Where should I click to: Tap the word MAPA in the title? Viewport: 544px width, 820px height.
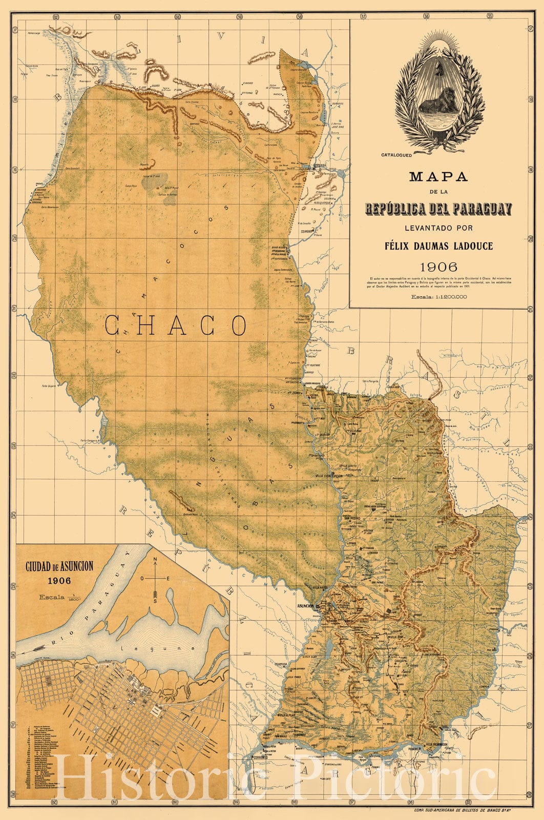coord(438,177)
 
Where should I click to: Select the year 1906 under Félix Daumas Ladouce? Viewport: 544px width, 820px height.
coord(438,267)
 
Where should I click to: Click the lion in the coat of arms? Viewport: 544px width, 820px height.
coord(440,99)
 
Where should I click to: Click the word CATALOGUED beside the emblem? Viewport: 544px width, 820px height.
coord(396,154)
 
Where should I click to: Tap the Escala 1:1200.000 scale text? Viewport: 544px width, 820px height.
coord(438,296)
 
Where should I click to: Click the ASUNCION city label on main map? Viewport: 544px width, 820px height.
coord(305,606)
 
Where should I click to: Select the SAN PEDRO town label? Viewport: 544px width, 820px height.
coord(353,518)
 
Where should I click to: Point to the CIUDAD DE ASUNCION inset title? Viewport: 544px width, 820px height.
coord(59,567)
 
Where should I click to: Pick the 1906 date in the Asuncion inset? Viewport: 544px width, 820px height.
coord(59,581)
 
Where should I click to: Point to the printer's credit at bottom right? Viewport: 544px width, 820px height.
coord(462,810)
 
